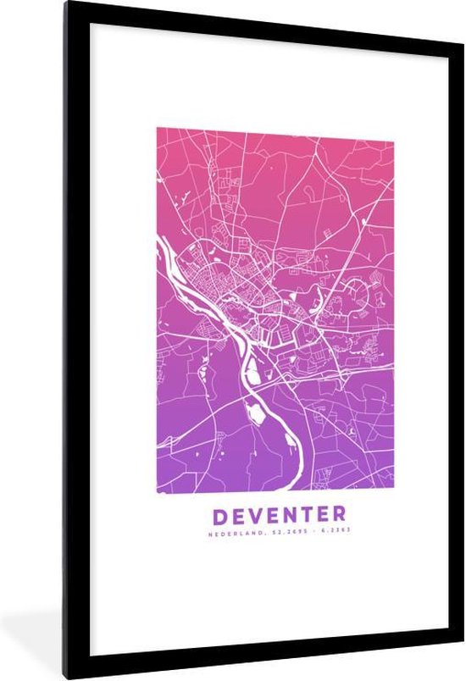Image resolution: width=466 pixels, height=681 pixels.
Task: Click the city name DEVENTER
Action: [x=279, y=514]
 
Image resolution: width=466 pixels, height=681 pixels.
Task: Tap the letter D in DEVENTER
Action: [x=219, y=514]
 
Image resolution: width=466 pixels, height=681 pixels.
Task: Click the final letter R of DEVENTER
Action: [x=338, y=514]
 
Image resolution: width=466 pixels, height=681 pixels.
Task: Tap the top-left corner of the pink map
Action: [x=158, y=129]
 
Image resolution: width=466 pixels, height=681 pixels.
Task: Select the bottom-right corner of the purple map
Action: [x=393, y=490]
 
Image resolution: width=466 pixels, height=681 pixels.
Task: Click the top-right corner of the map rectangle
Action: [x=393, y=129]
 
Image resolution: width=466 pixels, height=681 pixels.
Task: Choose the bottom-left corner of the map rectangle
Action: [x=158, y=490]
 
